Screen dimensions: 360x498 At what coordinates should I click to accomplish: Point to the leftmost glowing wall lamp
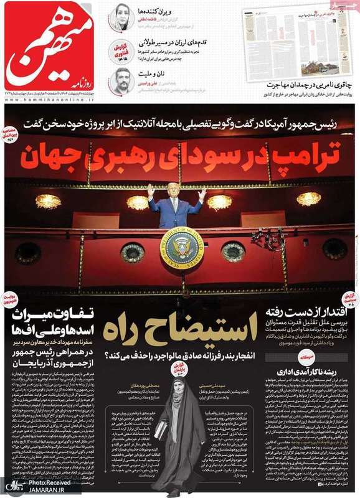(x=49, y=200)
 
